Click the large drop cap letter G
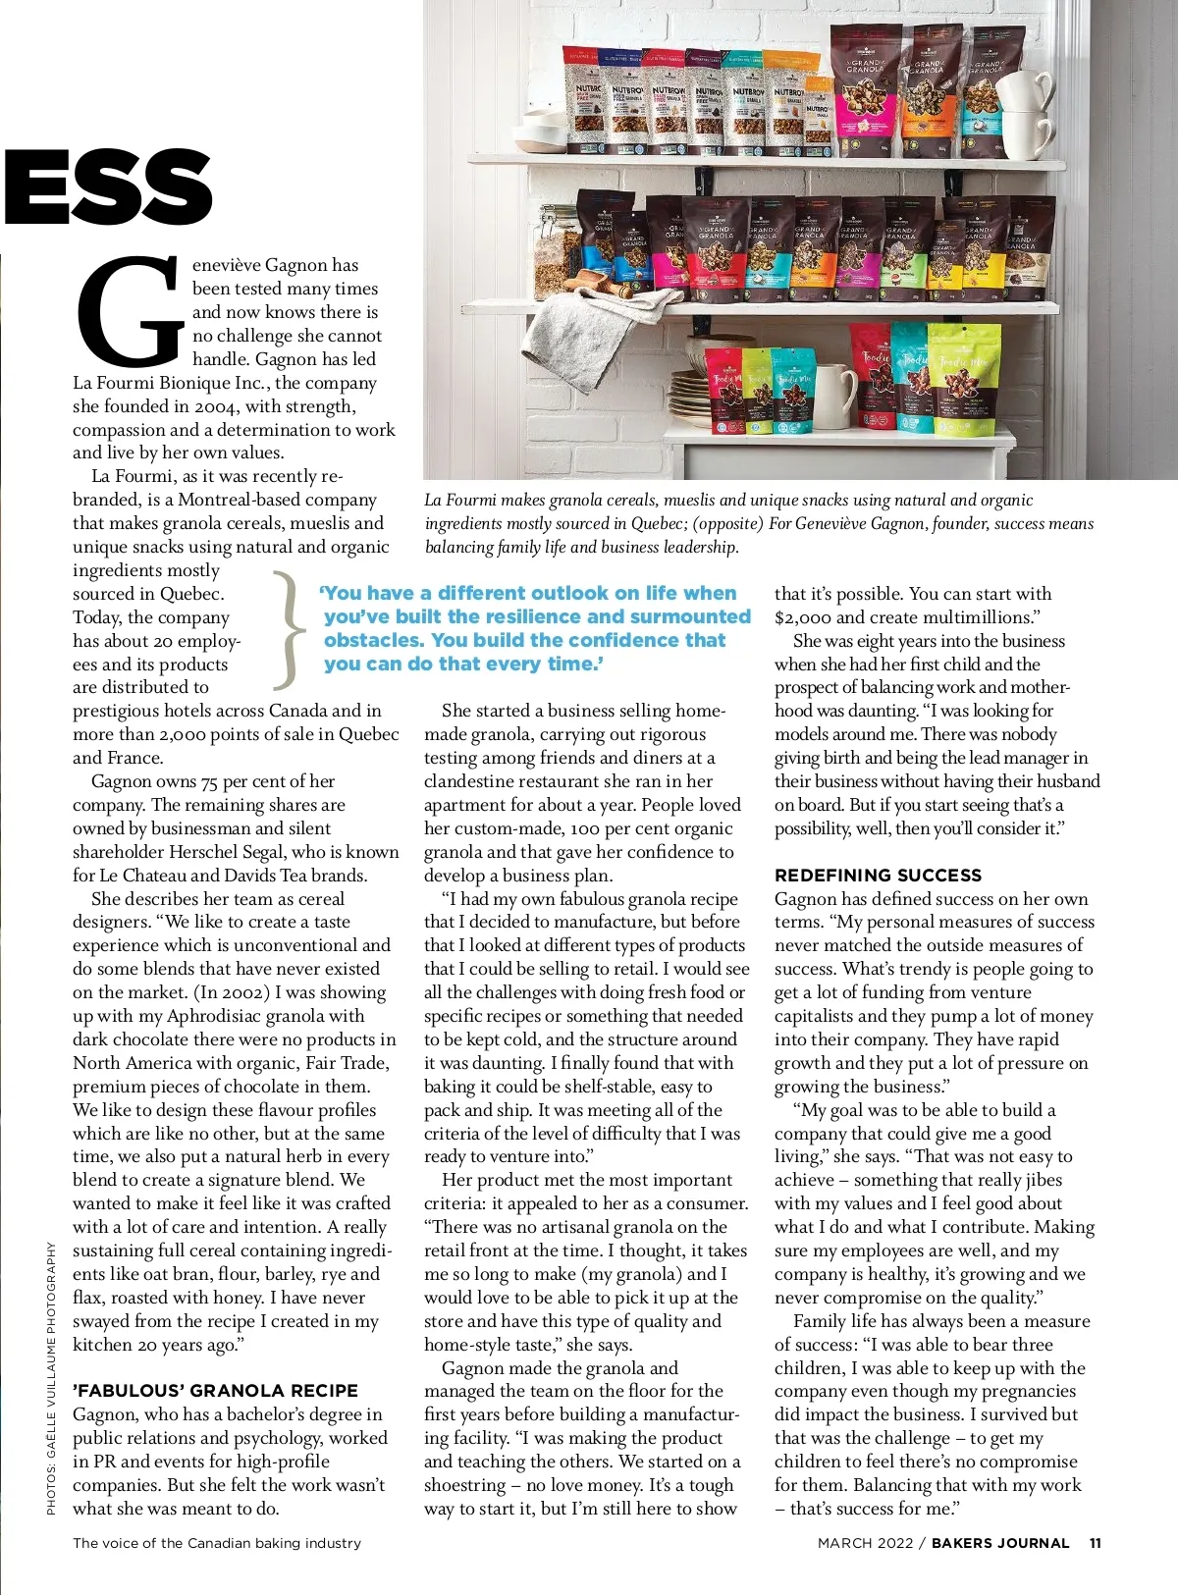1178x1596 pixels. pos(130,312)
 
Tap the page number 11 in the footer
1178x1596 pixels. pos(1095,1543)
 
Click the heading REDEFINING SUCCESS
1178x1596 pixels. pos(878,876)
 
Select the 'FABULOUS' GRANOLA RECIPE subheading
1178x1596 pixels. pos(215,1391)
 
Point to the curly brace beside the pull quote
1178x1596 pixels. pos(287,629)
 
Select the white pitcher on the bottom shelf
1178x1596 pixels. pos(832,397)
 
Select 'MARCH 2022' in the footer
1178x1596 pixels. pos(865,1543)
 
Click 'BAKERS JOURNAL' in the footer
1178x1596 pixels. pos(1000,1543)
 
